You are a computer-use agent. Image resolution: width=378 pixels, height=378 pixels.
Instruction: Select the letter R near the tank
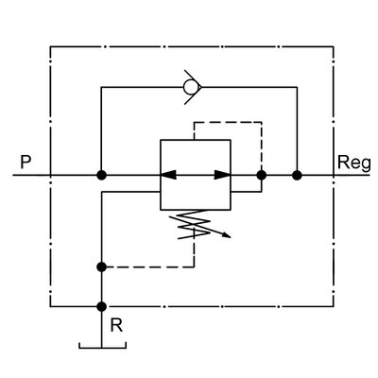point(115,324)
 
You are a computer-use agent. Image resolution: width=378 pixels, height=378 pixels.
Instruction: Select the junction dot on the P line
point(100,175)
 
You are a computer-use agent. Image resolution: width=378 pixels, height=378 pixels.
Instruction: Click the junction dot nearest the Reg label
point(297,175)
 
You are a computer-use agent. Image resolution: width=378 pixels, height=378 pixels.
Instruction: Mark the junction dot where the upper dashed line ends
point(263,175)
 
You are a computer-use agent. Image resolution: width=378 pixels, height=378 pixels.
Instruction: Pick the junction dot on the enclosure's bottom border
point(100,306)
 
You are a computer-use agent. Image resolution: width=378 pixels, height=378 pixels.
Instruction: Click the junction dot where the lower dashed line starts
point(100,267)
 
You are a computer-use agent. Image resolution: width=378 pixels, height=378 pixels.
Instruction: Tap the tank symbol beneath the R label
point(100,347)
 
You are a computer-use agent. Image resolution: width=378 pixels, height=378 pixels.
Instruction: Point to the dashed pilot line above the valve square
point(227,122)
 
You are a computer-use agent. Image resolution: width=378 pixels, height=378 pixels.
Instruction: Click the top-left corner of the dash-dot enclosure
point(49,43)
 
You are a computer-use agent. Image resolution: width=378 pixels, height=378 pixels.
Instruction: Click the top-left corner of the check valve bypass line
point(100,87)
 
